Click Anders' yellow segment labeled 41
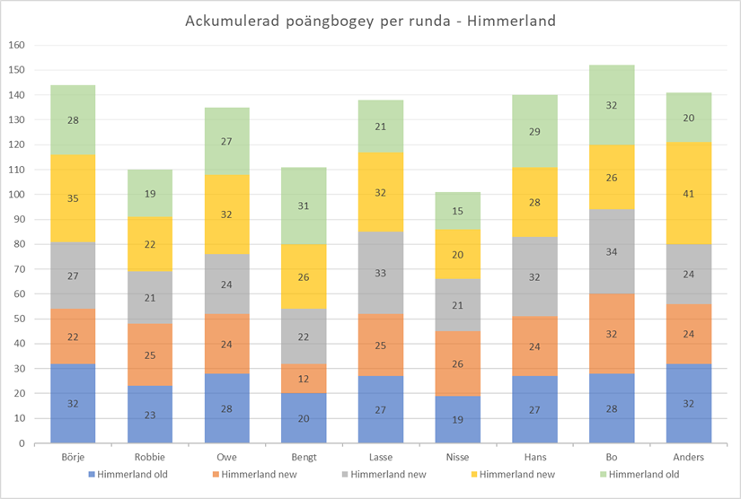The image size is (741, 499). pyautogui.click(x=689, y=193)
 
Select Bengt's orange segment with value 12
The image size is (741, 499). pyautogui.click(x=303, y=378)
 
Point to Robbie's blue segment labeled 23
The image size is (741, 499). pyautogui.click(x=149, y=415)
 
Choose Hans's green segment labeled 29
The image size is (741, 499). pyautogui.click(x=534, y=132)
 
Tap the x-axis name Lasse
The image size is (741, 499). pyautogui.click(x=380, y=457)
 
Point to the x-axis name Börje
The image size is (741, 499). pyautogui.click(x=72, y=457)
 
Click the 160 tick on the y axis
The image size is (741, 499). pyautogui.click(x=17, y=45)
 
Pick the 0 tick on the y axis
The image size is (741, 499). pyautogui.click(x=22, y=443)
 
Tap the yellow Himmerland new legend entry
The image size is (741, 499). pyautogui.click(x=516, y=474)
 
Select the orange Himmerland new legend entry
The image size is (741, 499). pyautogui.click(x=257, y=474)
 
